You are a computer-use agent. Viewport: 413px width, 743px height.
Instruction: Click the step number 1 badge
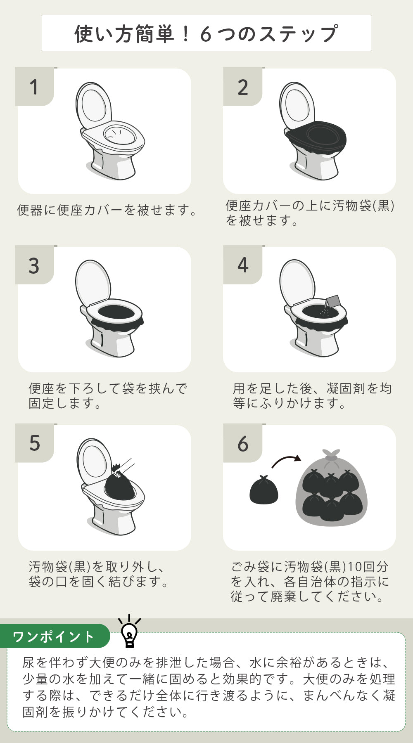tap(34, 87)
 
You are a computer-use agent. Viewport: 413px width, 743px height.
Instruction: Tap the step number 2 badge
tap(243, 87)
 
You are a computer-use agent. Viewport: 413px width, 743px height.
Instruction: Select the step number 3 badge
tap(34, 265)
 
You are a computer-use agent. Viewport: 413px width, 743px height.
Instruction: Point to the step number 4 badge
tap(243, 265)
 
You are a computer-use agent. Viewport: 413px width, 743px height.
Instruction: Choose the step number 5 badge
tap(34, 443)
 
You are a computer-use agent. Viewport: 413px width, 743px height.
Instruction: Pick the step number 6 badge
tap(243, 443)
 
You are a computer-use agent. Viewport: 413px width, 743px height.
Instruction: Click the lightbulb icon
tap(129, 632)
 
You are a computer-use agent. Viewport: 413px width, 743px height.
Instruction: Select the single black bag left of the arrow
tap(264, 490)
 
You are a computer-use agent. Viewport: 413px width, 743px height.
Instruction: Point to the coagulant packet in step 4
tap(332, 301)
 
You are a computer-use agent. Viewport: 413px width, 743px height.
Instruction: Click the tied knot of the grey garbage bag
tap(331, 454)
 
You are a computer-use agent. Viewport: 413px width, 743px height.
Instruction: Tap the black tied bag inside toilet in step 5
tap(119, 486)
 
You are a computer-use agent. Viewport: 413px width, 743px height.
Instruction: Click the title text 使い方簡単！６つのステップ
tap(206, 34)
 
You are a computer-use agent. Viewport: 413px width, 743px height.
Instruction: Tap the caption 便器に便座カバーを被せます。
tap(107, 210)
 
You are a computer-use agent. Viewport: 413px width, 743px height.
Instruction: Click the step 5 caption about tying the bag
tap(99, 574)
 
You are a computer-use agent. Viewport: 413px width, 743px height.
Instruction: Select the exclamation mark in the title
tap(185, 34)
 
